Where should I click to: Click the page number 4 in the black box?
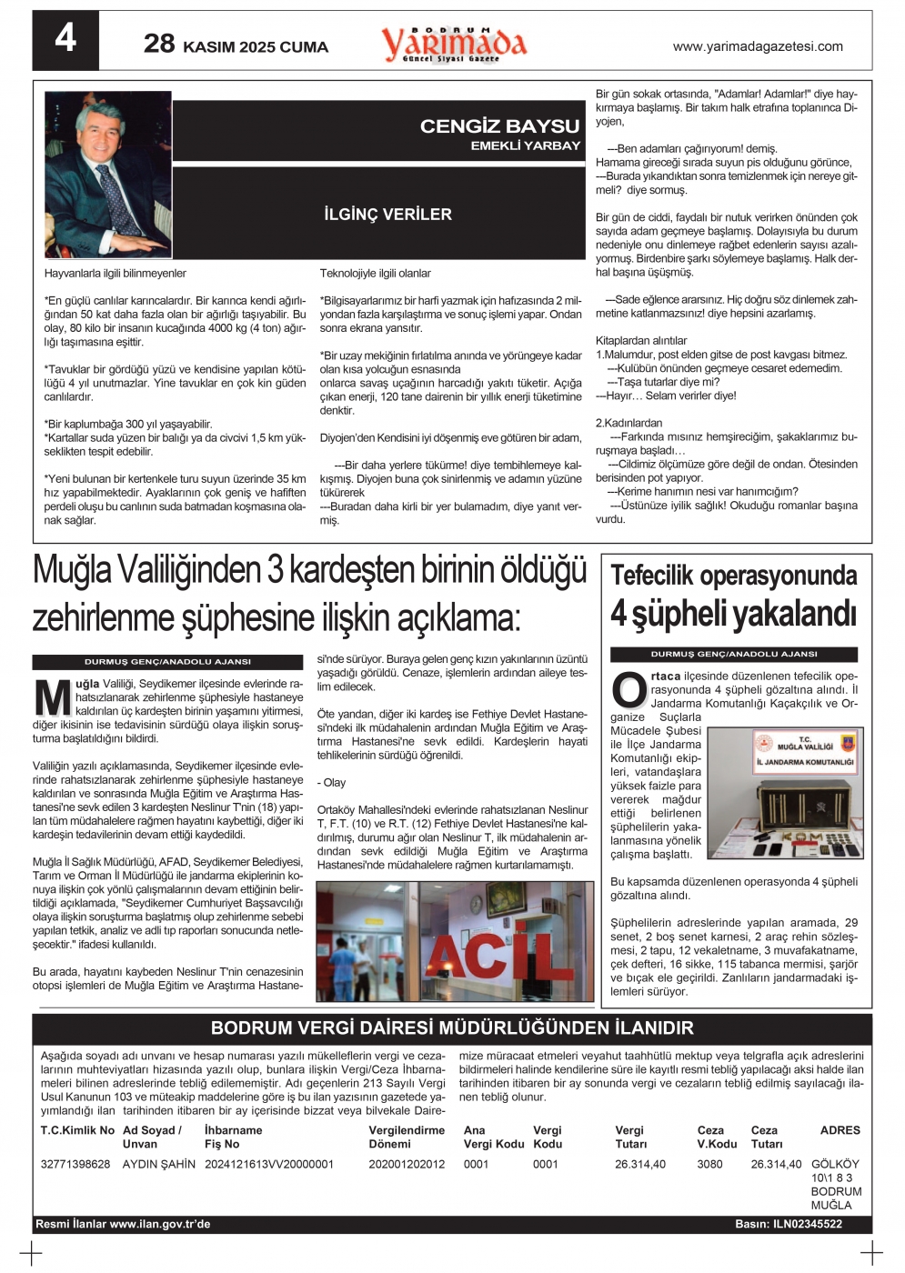pos(65,39)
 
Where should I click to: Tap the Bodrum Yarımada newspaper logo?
pos(454,44)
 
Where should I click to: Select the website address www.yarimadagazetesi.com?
pos(758,46)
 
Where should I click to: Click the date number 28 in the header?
pos(159,44)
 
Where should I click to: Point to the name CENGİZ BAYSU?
pos(499,126)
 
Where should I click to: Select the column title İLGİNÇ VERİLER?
pos(387,215)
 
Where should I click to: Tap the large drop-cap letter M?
pos(52,698)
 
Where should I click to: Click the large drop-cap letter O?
pos(628,689)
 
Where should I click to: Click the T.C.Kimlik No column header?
pos(77,1130)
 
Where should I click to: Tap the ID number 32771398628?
pos(75,1164)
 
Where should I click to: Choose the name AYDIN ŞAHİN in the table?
pos(159,1164)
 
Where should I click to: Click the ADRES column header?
pos(840,1130)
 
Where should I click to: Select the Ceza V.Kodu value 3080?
pos(709,1164)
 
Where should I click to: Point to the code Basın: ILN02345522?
pos(789,1224)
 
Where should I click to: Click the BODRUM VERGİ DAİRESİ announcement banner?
pos(452,1028)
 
